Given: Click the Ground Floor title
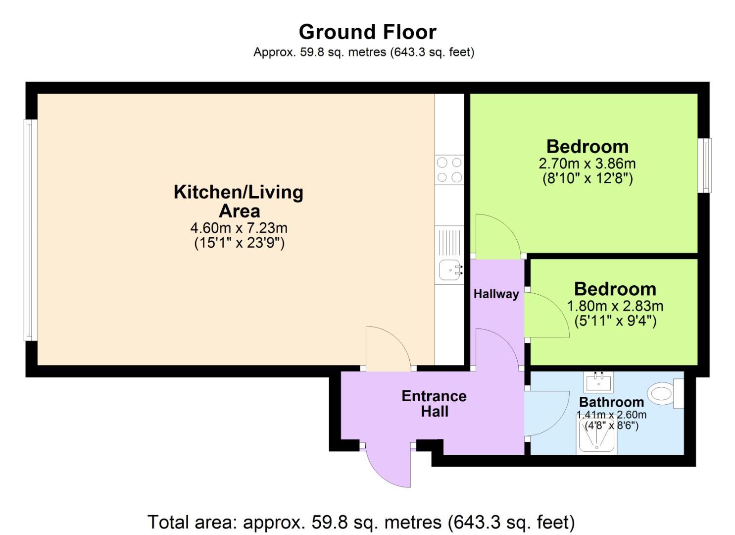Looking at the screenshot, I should pos(367,32).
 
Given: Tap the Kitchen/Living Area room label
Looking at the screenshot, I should pos(239,201).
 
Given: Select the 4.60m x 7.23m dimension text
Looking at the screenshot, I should pos(239,228).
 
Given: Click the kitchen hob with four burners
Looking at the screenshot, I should pos(449,170).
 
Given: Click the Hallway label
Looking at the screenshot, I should pos(496,294).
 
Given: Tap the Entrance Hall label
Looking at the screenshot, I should pos(434,404).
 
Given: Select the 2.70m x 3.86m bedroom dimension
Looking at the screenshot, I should pos(587,163).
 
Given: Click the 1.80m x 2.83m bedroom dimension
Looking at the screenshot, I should pos(615,306).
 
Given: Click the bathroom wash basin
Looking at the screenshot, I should pos(598,382).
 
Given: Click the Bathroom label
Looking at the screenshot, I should pos(611,402).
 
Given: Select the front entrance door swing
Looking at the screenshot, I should pos(389,466).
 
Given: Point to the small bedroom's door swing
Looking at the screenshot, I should pos(546,315).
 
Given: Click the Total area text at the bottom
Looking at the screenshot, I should pos(361,522).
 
